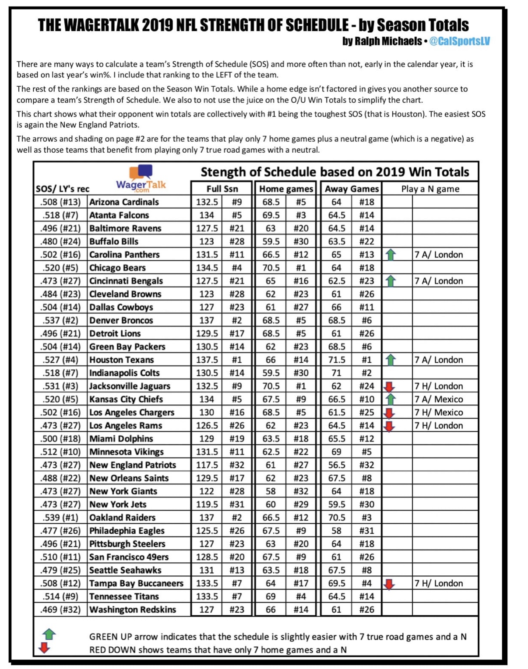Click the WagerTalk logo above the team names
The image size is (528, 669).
click(141, 179)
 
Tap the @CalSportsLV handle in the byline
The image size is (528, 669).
click(459, 41)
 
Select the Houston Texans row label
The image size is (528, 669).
click(122, 360)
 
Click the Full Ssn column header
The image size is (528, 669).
click(222, 189)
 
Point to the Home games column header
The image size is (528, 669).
click(286, 189)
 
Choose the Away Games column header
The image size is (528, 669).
click(352, 189)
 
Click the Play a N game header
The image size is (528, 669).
click(430, 189)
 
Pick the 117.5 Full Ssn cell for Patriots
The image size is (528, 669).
click(207, 465)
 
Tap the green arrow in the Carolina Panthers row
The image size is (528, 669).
click(391, 255)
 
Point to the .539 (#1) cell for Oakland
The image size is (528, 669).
click(60, 517)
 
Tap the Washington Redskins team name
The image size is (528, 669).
click(133, 609)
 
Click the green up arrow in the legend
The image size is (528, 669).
click(49, 634)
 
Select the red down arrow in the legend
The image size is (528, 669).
click(44, 648)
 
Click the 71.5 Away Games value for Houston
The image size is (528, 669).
click(336, 360)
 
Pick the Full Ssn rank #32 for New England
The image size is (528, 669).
click(237, 465)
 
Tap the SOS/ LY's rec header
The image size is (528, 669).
click(63, 189)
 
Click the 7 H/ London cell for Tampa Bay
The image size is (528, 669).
click(439, 583)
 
